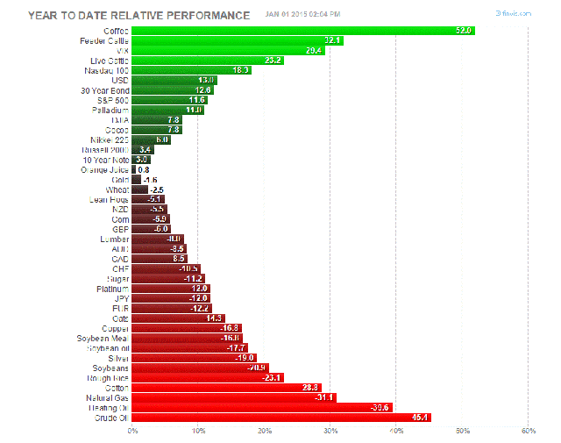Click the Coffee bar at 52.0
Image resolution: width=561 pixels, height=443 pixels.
tap(302, 31)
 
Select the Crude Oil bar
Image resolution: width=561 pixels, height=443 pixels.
tap(280, 417)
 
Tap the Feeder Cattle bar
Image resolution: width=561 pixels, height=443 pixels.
tap(237, 40)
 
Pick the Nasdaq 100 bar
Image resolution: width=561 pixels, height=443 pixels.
tap(191, 70)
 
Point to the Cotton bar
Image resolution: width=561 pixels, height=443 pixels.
tap(226, 387)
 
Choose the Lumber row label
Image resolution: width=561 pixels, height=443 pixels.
tap(113, 239)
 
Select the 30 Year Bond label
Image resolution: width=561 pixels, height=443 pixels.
tap(104, 89)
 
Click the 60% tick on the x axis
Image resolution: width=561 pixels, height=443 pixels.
tap(528, 431)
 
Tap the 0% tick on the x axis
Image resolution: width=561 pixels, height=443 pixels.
tap(133, 431)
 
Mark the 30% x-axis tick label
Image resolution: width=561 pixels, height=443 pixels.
tap(330, 431)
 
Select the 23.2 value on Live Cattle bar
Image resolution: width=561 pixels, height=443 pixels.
tap(272, 61)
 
